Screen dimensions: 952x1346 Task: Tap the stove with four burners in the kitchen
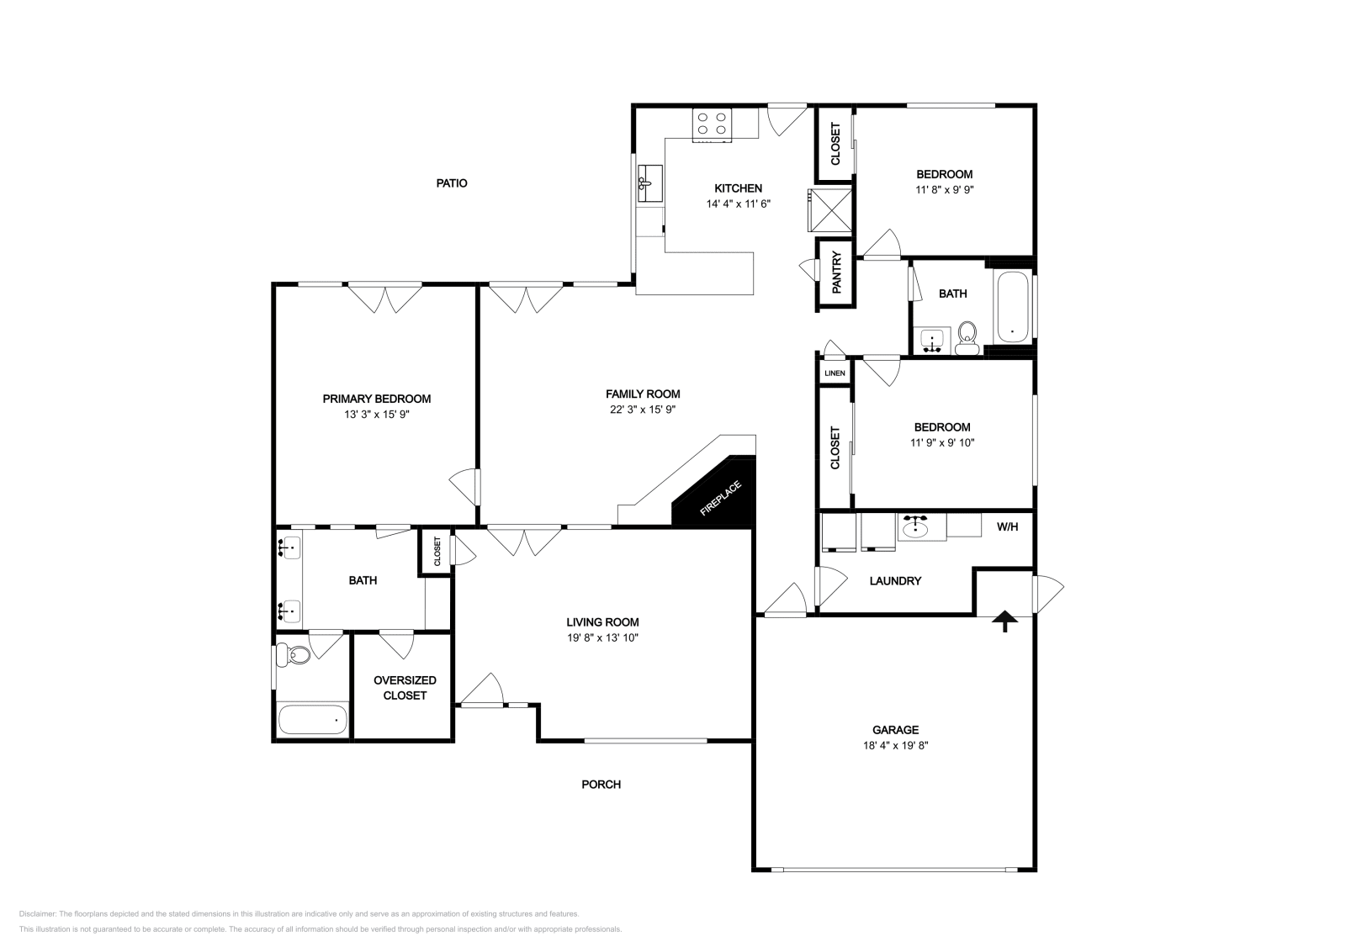pos(712,124)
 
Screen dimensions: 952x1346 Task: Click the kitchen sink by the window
pos(649,183)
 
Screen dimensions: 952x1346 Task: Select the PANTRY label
pos(837,273)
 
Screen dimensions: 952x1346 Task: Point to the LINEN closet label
pos(835,373)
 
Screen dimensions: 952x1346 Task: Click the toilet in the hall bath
pos(967,338)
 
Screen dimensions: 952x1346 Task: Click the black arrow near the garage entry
pos(1004,621)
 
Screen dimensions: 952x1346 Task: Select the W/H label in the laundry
pos(1007,527)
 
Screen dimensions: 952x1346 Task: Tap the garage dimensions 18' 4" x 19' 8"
pos(894,745)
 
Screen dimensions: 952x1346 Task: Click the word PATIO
pos(452,183)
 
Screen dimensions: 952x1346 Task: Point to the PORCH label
pos(601,785)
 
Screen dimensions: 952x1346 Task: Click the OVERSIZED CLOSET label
pos(405,688)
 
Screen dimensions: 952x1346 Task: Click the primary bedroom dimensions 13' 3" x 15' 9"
pos(377,415)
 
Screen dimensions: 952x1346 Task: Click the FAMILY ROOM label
pos(643,394)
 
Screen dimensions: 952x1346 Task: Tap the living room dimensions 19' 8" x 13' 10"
pos(602,638)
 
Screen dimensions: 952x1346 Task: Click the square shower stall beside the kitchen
pos(829,209)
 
